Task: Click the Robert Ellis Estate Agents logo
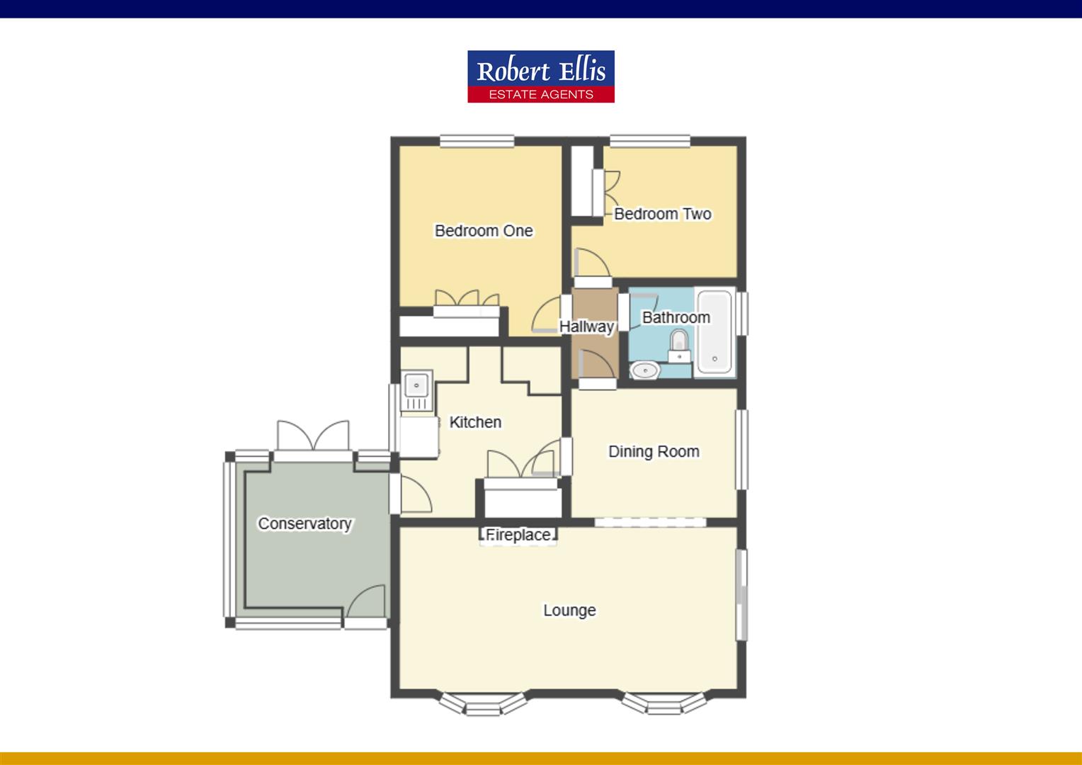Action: click(541, 76)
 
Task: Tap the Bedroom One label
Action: click(484, 231)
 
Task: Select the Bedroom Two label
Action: click(662, 214)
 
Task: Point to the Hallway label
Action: click(586, 327)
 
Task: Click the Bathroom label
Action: click(676, 317)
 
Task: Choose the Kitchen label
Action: click(475, 422)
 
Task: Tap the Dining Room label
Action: click(654, 451)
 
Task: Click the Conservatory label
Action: click(304, 523)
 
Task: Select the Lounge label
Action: click(569, 610)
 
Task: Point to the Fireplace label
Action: click(518, 535)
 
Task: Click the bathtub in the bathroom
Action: click(714, 331)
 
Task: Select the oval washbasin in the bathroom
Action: click(644, 370)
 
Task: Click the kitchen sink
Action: click(416, 387)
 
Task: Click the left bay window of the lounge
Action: click(484, 704)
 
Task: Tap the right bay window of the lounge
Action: click(665, 704)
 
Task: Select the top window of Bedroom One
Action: click(477, 142)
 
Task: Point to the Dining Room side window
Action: click(741, 450)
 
